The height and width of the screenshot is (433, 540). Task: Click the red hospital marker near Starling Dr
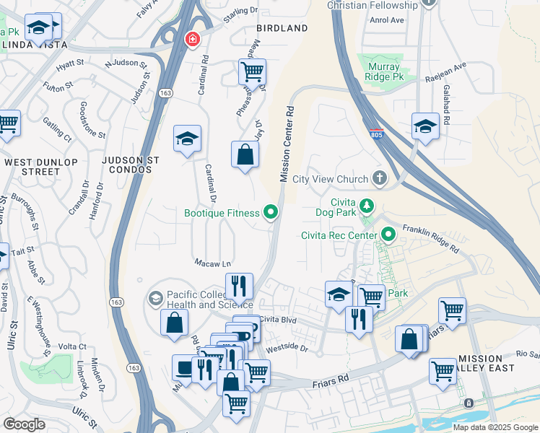[x=191, y=39]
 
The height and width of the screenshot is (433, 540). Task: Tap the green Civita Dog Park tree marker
[x=367, y=207]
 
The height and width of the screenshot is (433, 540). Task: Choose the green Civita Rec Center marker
[x=389, y=235]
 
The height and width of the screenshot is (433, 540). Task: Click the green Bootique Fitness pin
[x=271, y=212]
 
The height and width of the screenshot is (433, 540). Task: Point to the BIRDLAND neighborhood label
[x=282, y=28]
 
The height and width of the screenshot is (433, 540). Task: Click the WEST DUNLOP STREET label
[x=32, y=167]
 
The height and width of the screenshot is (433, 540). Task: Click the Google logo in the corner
[x=25, y=424]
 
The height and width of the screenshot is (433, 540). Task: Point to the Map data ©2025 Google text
[x=494, y=427]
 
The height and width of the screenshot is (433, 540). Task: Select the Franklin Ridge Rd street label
[x=430, y=236]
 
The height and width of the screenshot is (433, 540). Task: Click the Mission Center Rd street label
[x=286, y=144]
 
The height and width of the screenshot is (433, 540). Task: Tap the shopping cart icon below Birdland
[x=252, y=71]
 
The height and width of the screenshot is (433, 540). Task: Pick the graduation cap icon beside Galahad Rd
[x=425, y=126]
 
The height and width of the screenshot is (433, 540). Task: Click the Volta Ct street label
[x=72, y=346]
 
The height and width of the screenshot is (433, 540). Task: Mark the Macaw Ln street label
[x=212, y=263]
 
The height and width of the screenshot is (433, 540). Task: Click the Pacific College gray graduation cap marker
[x=155, y=298]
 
